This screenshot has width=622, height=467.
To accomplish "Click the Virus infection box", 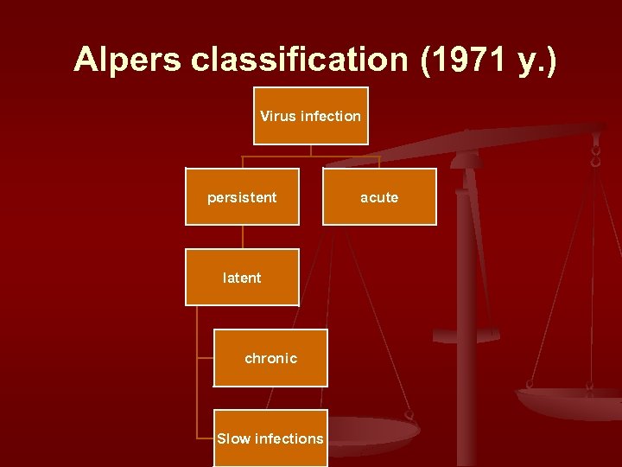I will (x=310, y=115).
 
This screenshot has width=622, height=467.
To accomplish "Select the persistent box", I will (x=242, y=197).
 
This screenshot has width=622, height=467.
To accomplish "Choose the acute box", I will (x=379, y=197).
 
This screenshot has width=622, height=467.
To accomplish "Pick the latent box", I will (x=242, y=278).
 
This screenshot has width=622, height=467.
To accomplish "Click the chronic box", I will (x=270, y=358).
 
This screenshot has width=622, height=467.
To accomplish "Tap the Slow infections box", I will (x=270, y=438).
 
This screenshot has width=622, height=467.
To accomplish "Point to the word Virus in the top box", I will (x=277, y=115).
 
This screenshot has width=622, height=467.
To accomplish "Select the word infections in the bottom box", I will (x=288, y=438).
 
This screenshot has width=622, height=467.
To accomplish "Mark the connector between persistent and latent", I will (x=243, y=237).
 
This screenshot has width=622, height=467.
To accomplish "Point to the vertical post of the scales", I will (x=467, y=285).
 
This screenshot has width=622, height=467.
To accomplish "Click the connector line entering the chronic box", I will (x=205, y=357).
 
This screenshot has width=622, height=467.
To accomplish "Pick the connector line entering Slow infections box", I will (x=205, y=438).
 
